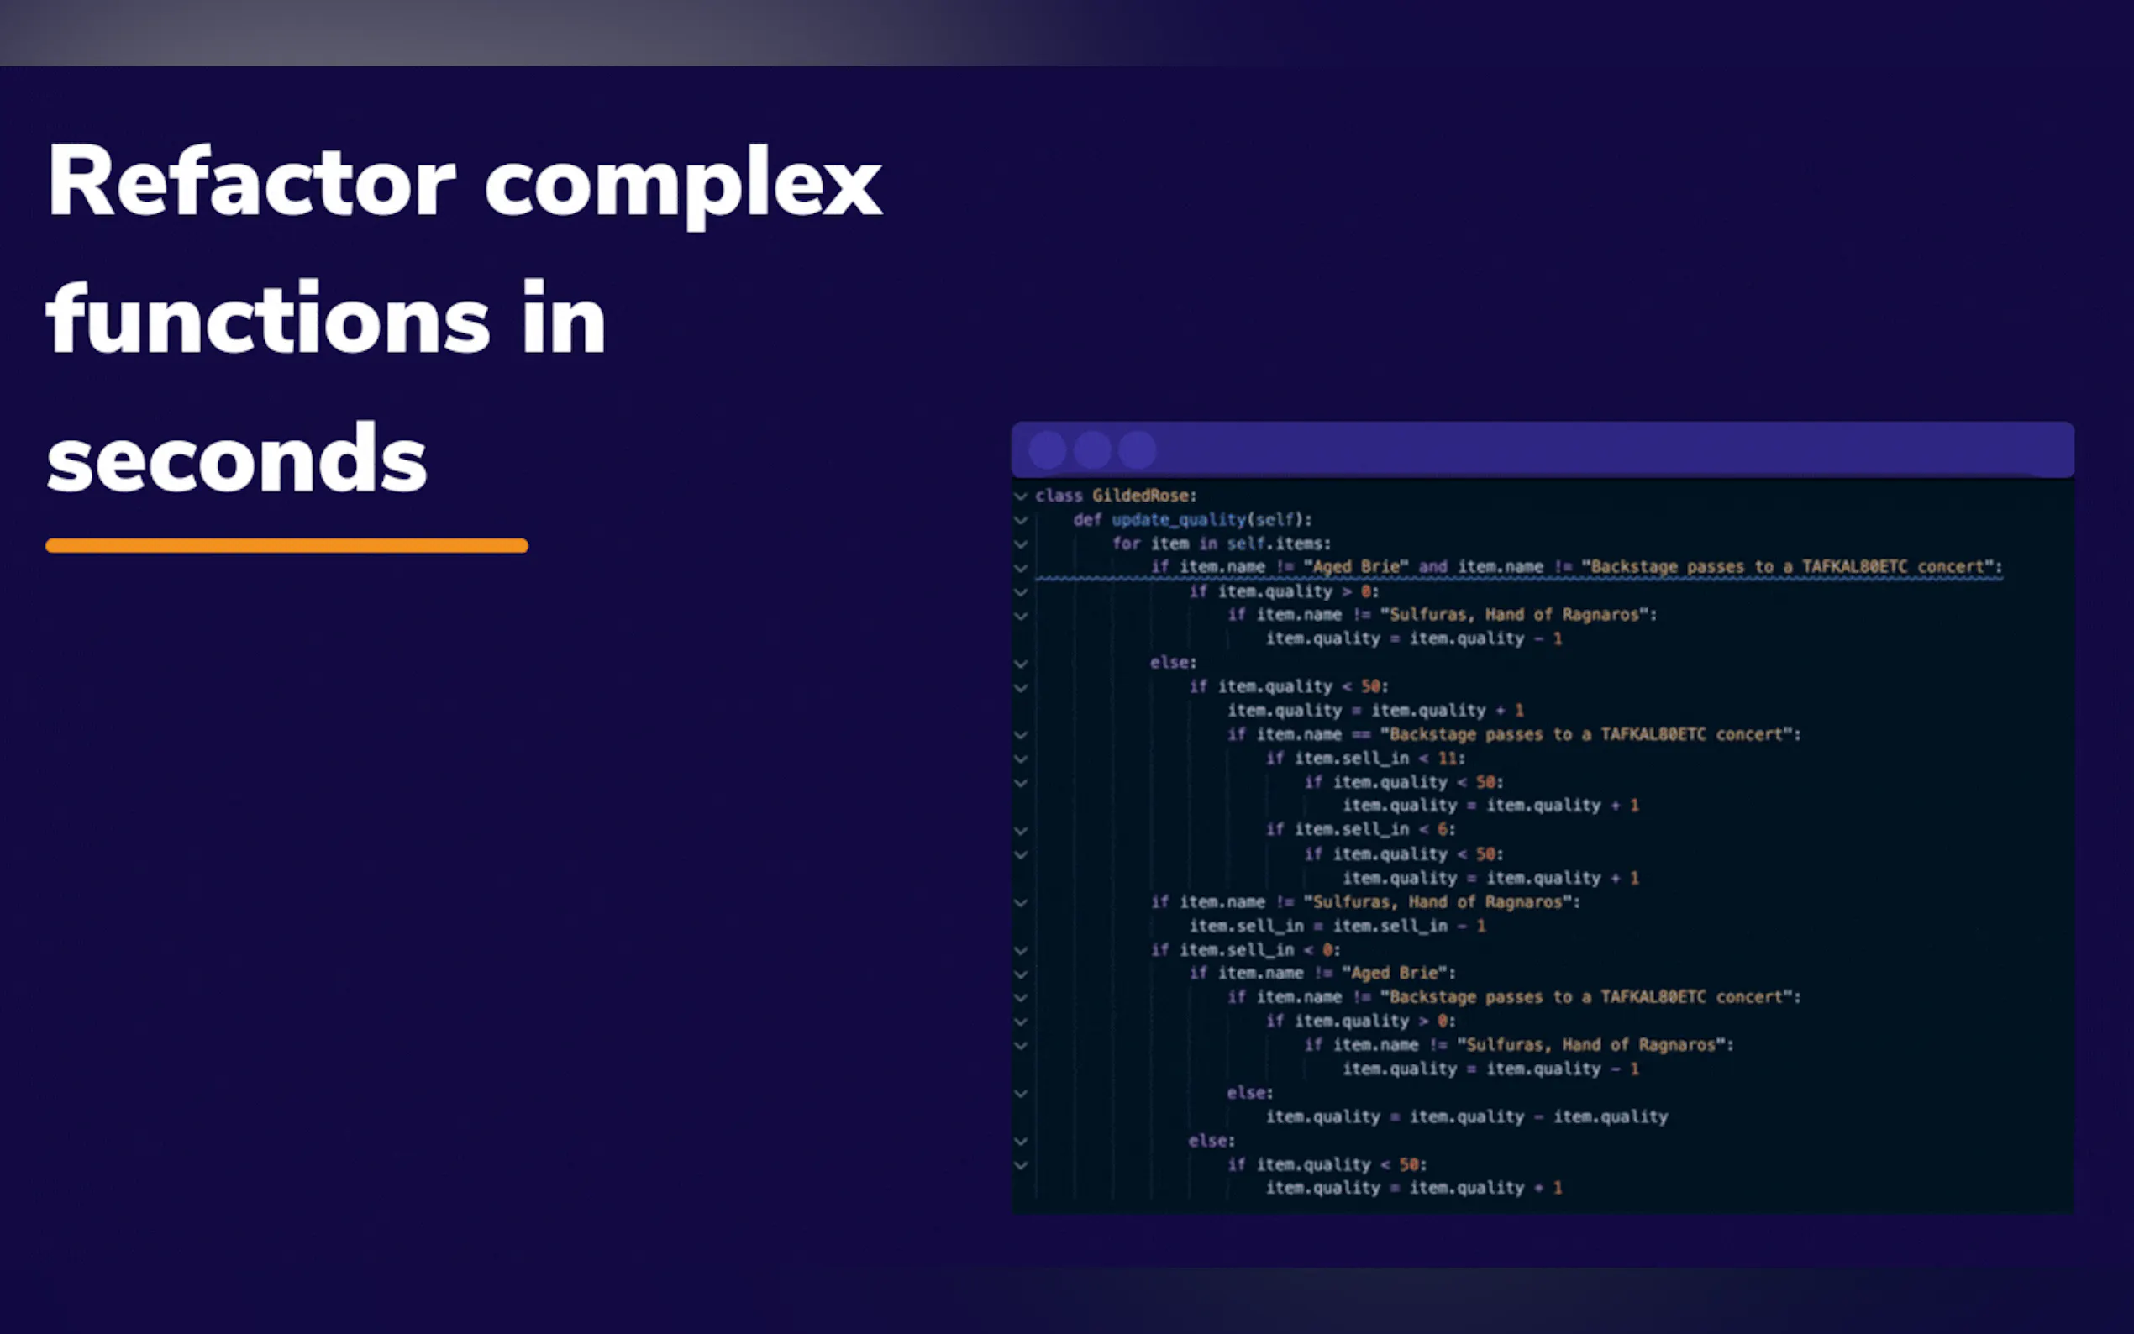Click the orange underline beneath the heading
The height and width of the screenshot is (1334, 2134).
(286, 545)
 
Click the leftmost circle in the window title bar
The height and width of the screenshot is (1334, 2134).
(1047, 450)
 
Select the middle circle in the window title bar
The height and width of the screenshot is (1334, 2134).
(1092, 450)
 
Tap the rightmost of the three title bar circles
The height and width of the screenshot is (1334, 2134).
(1137, 450)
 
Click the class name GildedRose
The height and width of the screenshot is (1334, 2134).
(1140, 496)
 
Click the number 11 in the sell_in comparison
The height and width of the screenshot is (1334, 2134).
(1447, 758)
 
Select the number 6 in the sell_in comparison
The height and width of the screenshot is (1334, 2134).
(1443, 829)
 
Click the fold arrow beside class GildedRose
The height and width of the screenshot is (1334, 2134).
(1021, 496)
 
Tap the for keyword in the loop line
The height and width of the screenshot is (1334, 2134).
(1126, 544)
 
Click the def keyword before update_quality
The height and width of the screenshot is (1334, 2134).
(1088, 520)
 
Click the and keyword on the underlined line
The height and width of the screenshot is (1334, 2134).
(1432, 566)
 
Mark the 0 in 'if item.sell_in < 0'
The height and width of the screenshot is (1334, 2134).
(1327, 950)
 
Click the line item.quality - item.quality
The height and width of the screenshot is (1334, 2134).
(1467, 1117)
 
